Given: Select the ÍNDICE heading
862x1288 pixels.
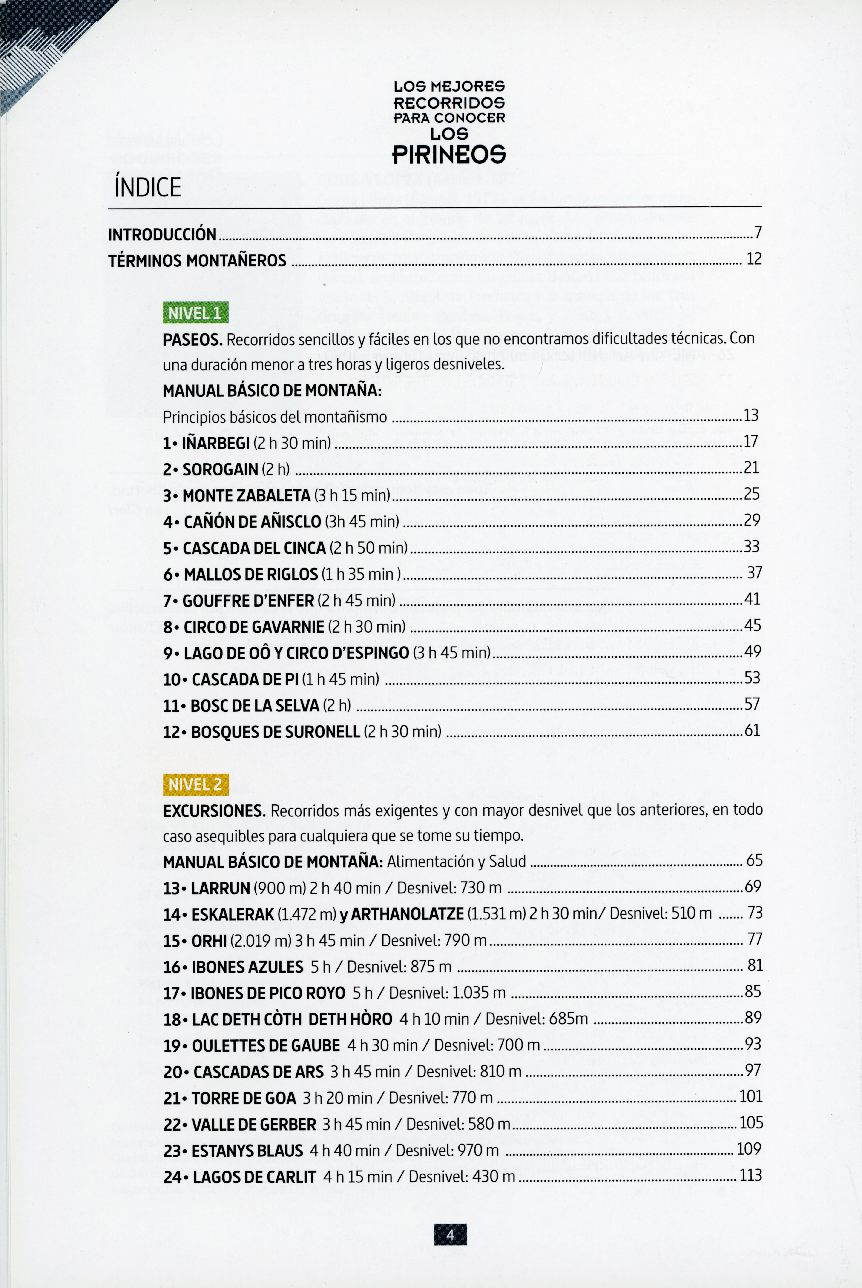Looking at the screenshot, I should click(147, 187).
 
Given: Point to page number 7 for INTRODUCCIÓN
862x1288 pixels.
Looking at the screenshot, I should click(758, 233).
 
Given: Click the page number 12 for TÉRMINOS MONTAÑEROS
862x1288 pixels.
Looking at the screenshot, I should click(754, 259).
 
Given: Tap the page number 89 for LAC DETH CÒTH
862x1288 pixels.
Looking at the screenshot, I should click(753, 1018).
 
